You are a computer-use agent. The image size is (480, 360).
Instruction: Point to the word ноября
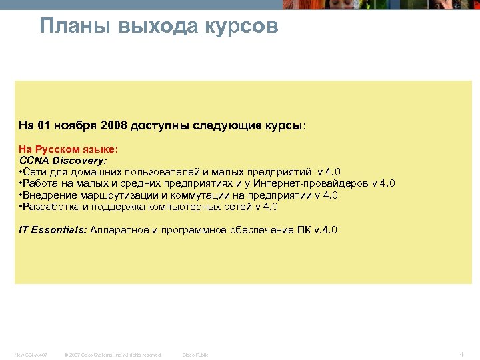click(75, 125)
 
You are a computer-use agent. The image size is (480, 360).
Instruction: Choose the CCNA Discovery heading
click(63, 161)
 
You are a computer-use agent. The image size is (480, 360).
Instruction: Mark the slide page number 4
click(461, 353)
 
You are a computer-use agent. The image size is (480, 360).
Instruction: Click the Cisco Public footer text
click(195, 355)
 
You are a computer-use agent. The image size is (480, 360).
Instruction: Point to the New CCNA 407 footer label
click(31, 355)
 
